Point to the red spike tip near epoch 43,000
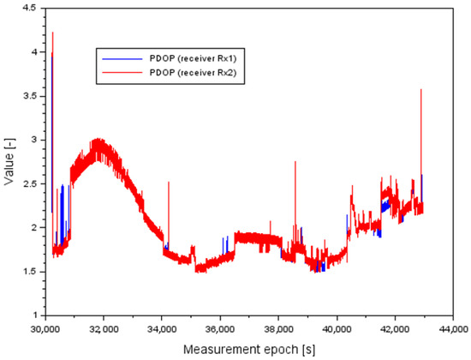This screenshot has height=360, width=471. coord(421,89)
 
